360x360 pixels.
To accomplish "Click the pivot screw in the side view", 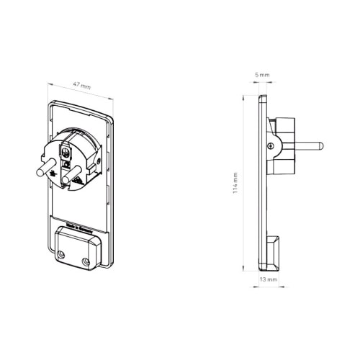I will point(270,147).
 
